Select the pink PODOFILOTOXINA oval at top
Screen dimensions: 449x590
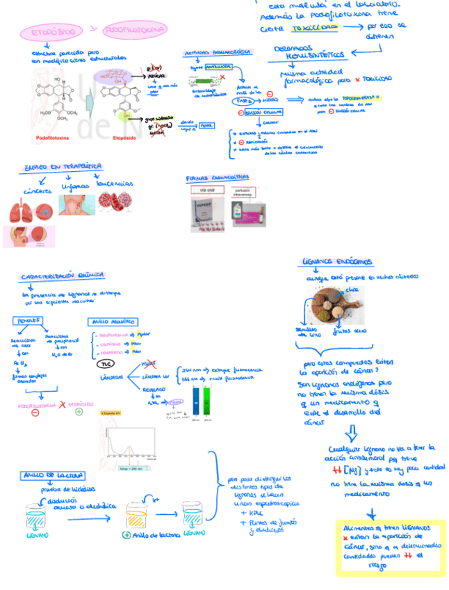[x=136, y=30]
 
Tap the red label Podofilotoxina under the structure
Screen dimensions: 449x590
[x=53, y=138]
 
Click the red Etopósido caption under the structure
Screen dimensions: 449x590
[x=124, y=138]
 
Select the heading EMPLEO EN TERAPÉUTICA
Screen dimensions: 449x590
[x=63, y=167]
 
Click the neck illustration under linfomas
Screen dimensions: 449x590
[x=75, y=206]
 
